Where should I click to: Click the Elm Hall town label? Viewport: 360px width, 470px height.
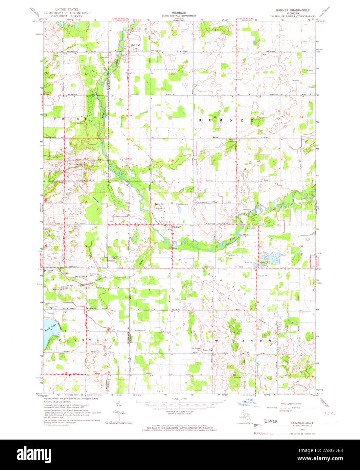(x=135, y=45)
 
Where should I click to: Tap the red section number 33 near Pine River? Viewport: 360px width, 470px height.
(x=217, y=246)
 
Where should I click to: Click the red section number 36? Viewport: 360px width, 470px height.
(x=87, y=246)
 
